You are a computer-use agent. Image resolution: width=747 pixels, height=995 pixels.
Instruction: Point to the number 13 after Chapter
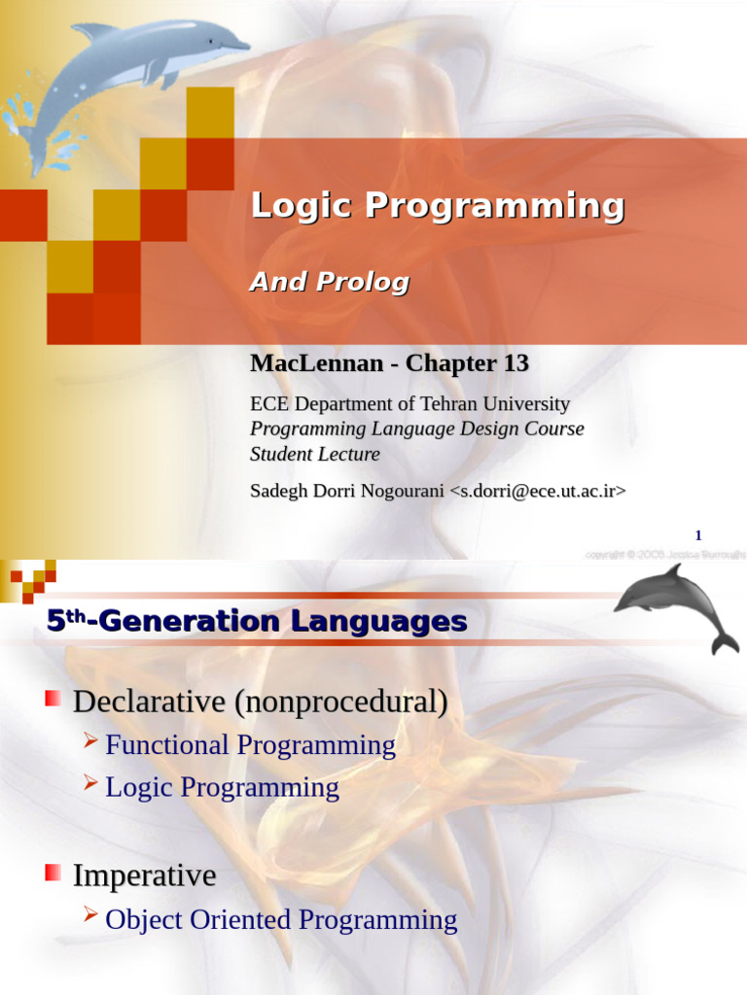coord(516,364)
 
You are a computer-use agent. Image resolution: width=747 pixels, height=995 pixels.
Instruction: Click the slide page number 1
coord(697,535)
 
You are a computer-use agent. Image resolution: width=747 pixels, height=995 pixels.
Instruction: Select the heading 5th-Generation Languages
coord(257,622)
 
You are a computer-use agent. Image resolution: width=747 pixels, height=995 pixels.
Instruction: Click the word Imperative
coord(144,875)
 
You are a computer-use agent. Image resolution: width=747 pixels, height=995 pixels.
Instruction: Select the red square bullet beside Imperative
coord(53,873)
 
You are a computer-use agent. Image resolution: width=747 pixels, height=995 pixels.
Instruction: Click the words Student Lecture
coord(315,454)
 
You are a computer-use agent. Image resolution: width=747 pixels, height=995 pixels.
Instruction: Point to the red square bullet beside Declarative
coord(53,698)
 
